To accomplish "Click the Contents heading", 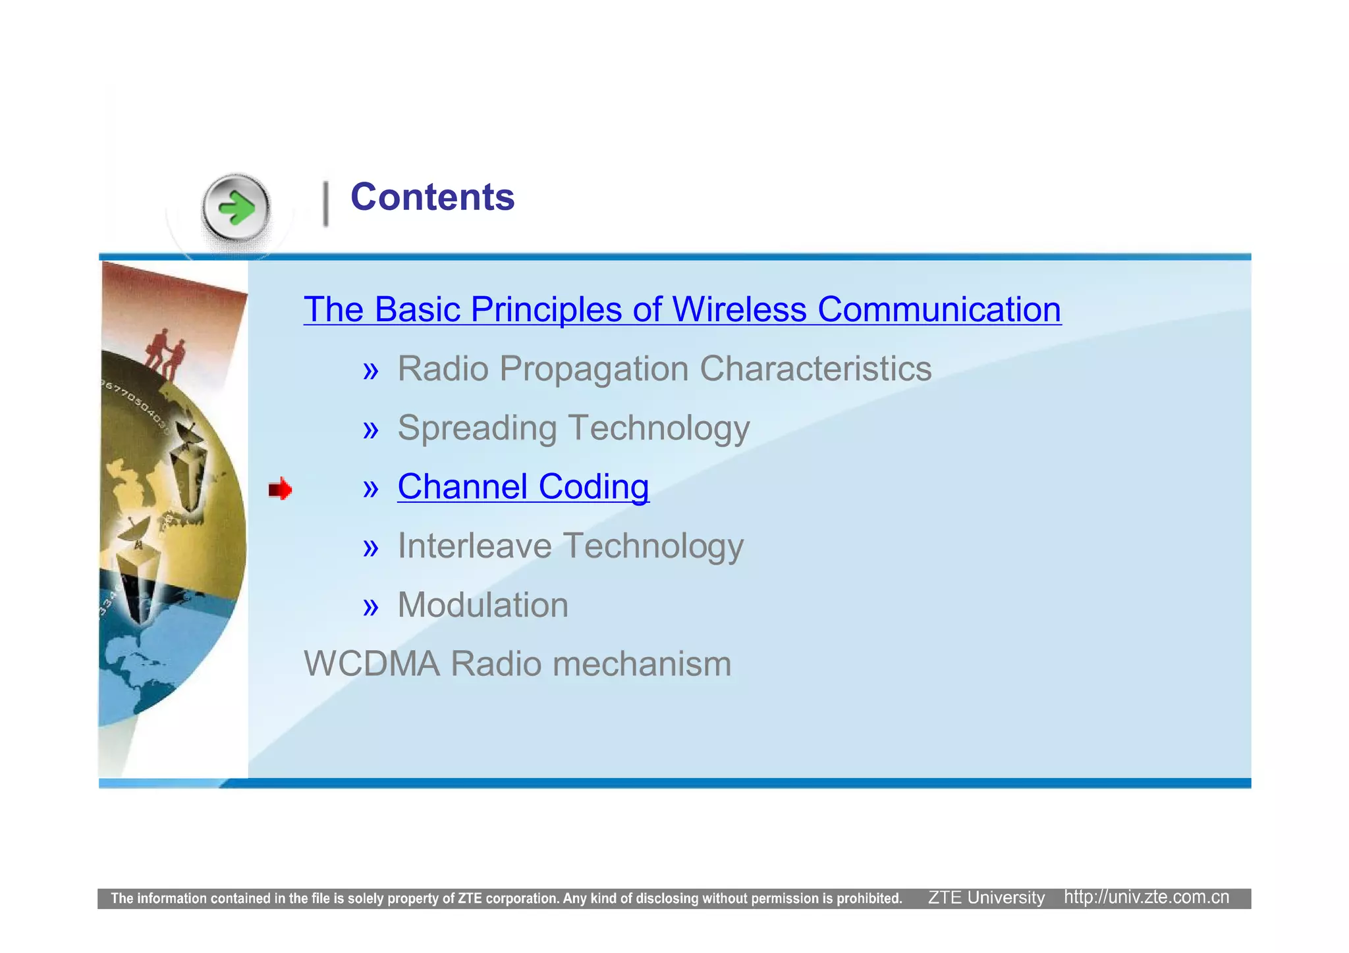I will click(x=432, y=197).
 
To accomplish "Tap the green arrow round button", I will click(x=236, y=209).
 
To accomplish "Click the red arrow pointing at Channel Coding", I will click(x=280, y=489).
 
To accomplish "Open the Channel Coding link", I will click(x=523, y=487).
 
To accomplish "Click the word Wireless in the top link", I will click(x=739, y=309).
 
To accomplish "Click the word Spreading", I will click(x=477, y=428).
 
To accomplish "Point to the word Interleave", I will click(x=474, y=546).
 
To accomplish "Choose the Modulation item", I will click(x=483, y=605).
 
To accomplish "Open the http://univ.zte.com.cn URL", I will click(x=1146, y=898).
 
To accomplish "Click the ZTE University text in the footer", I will click(x=986, y=898).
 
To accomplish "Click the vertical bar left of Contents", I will click(x=325, y=204).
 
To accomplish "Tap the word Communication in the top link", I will click(x=939, y=309).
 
